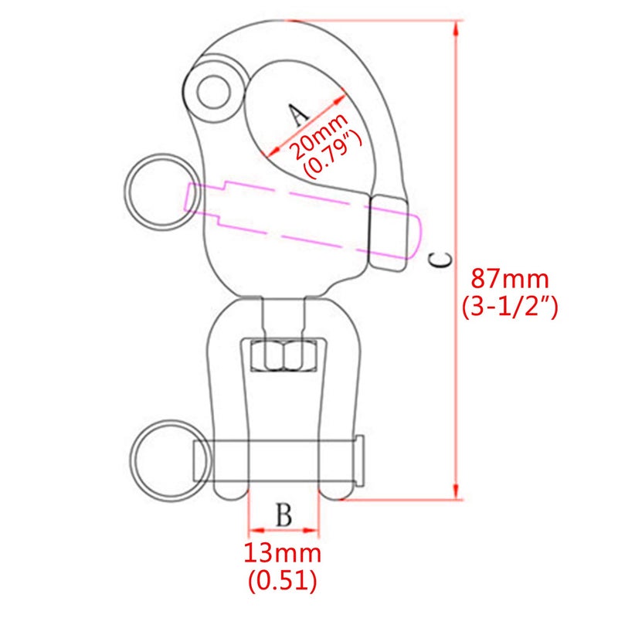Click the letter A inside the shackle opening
click(298, 114)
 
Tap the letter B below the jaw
click(284, 514)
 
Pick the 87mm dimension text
click(510, 279)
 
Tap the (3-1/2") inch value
click(510, 307)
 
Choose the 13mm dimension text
click(283, 553)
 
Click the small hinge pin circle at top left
click(214, 93)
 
